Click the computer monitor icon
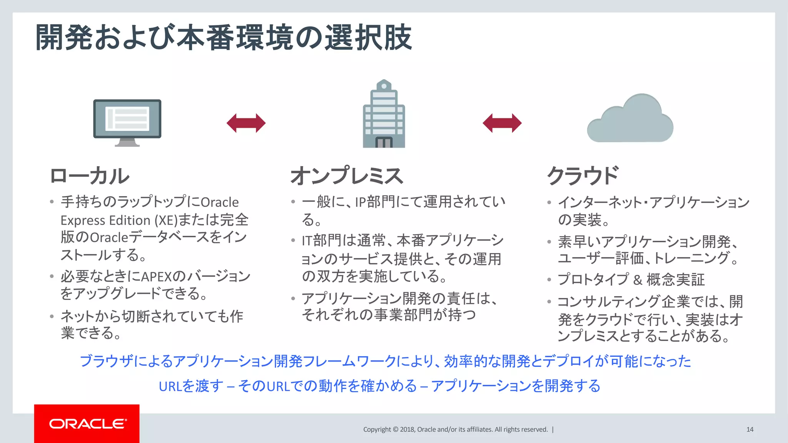coord(127,119)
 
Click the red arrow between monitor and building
coord(246,123)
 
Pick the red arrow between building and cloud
coord(502,123)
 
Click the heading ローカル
coord(90,176)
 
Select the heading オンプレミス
coord(347,176)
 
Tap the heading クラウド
coord(583,176)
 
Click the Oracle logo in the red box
coord(88,424)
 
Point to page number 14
coord(750,430)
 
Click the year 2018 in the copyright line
coord(407,430)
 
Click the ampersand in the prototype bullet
coord(638,280)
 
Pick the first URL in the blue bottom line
coord(170,386)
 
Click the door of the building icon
coord(384,143)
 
